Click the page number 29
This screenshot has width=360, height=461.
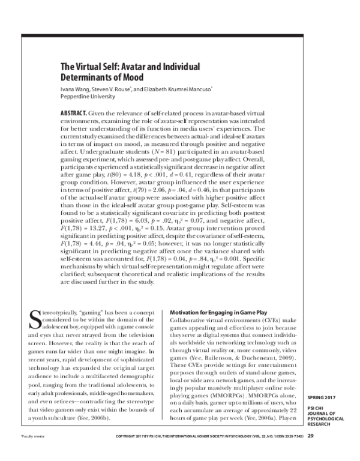click(x=310, y=453)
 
